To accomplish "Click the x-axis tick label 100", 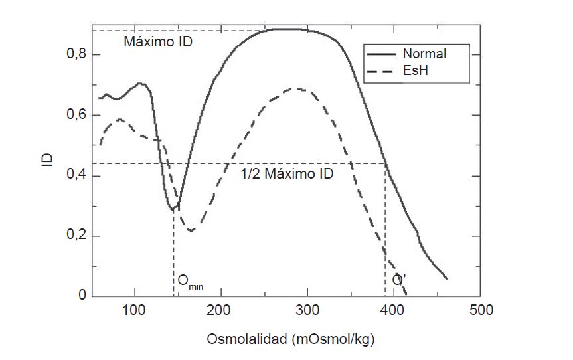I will tap(134, 310).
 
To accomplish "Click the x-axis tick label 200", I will tap(220, 310).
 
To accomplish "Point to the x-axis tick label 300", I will tap(307, 310).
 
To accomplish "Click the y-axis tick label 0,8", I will tap(76, 54).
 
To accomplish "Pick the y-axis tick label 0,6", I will tap(76, 115).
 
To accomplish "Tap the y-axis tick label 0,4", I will tap(76, 176).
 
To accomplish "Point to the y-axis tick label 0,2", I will tap(76, 236).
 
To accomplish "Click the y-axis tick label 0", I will tap(82, 296).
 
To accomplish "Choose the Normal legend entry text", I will tap(424, 54).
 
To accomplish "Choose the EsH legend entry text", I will tap(414, 69).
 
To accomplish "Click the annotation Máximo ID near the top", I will tap(159, 41).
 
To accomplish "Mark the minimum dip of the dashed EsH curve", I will tap(191, 230).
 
